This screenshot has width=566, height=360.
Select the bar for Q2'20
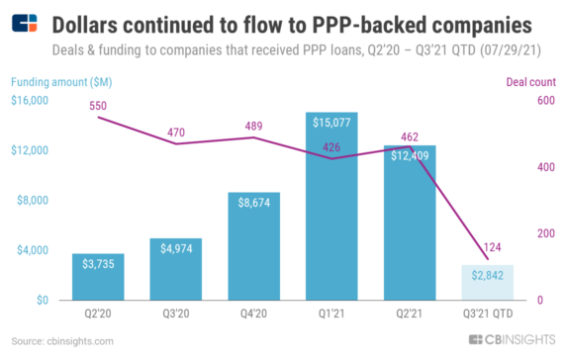point(97,277)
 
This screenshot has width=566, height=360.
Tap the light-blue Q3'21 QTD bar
point(487,283)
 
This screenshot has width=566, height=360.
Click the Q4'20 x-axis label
point(253,315)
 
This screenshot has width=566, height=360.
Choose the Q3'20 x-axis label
point(175,315)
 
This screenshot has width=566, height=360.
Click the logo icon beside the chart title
point(25,24)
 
